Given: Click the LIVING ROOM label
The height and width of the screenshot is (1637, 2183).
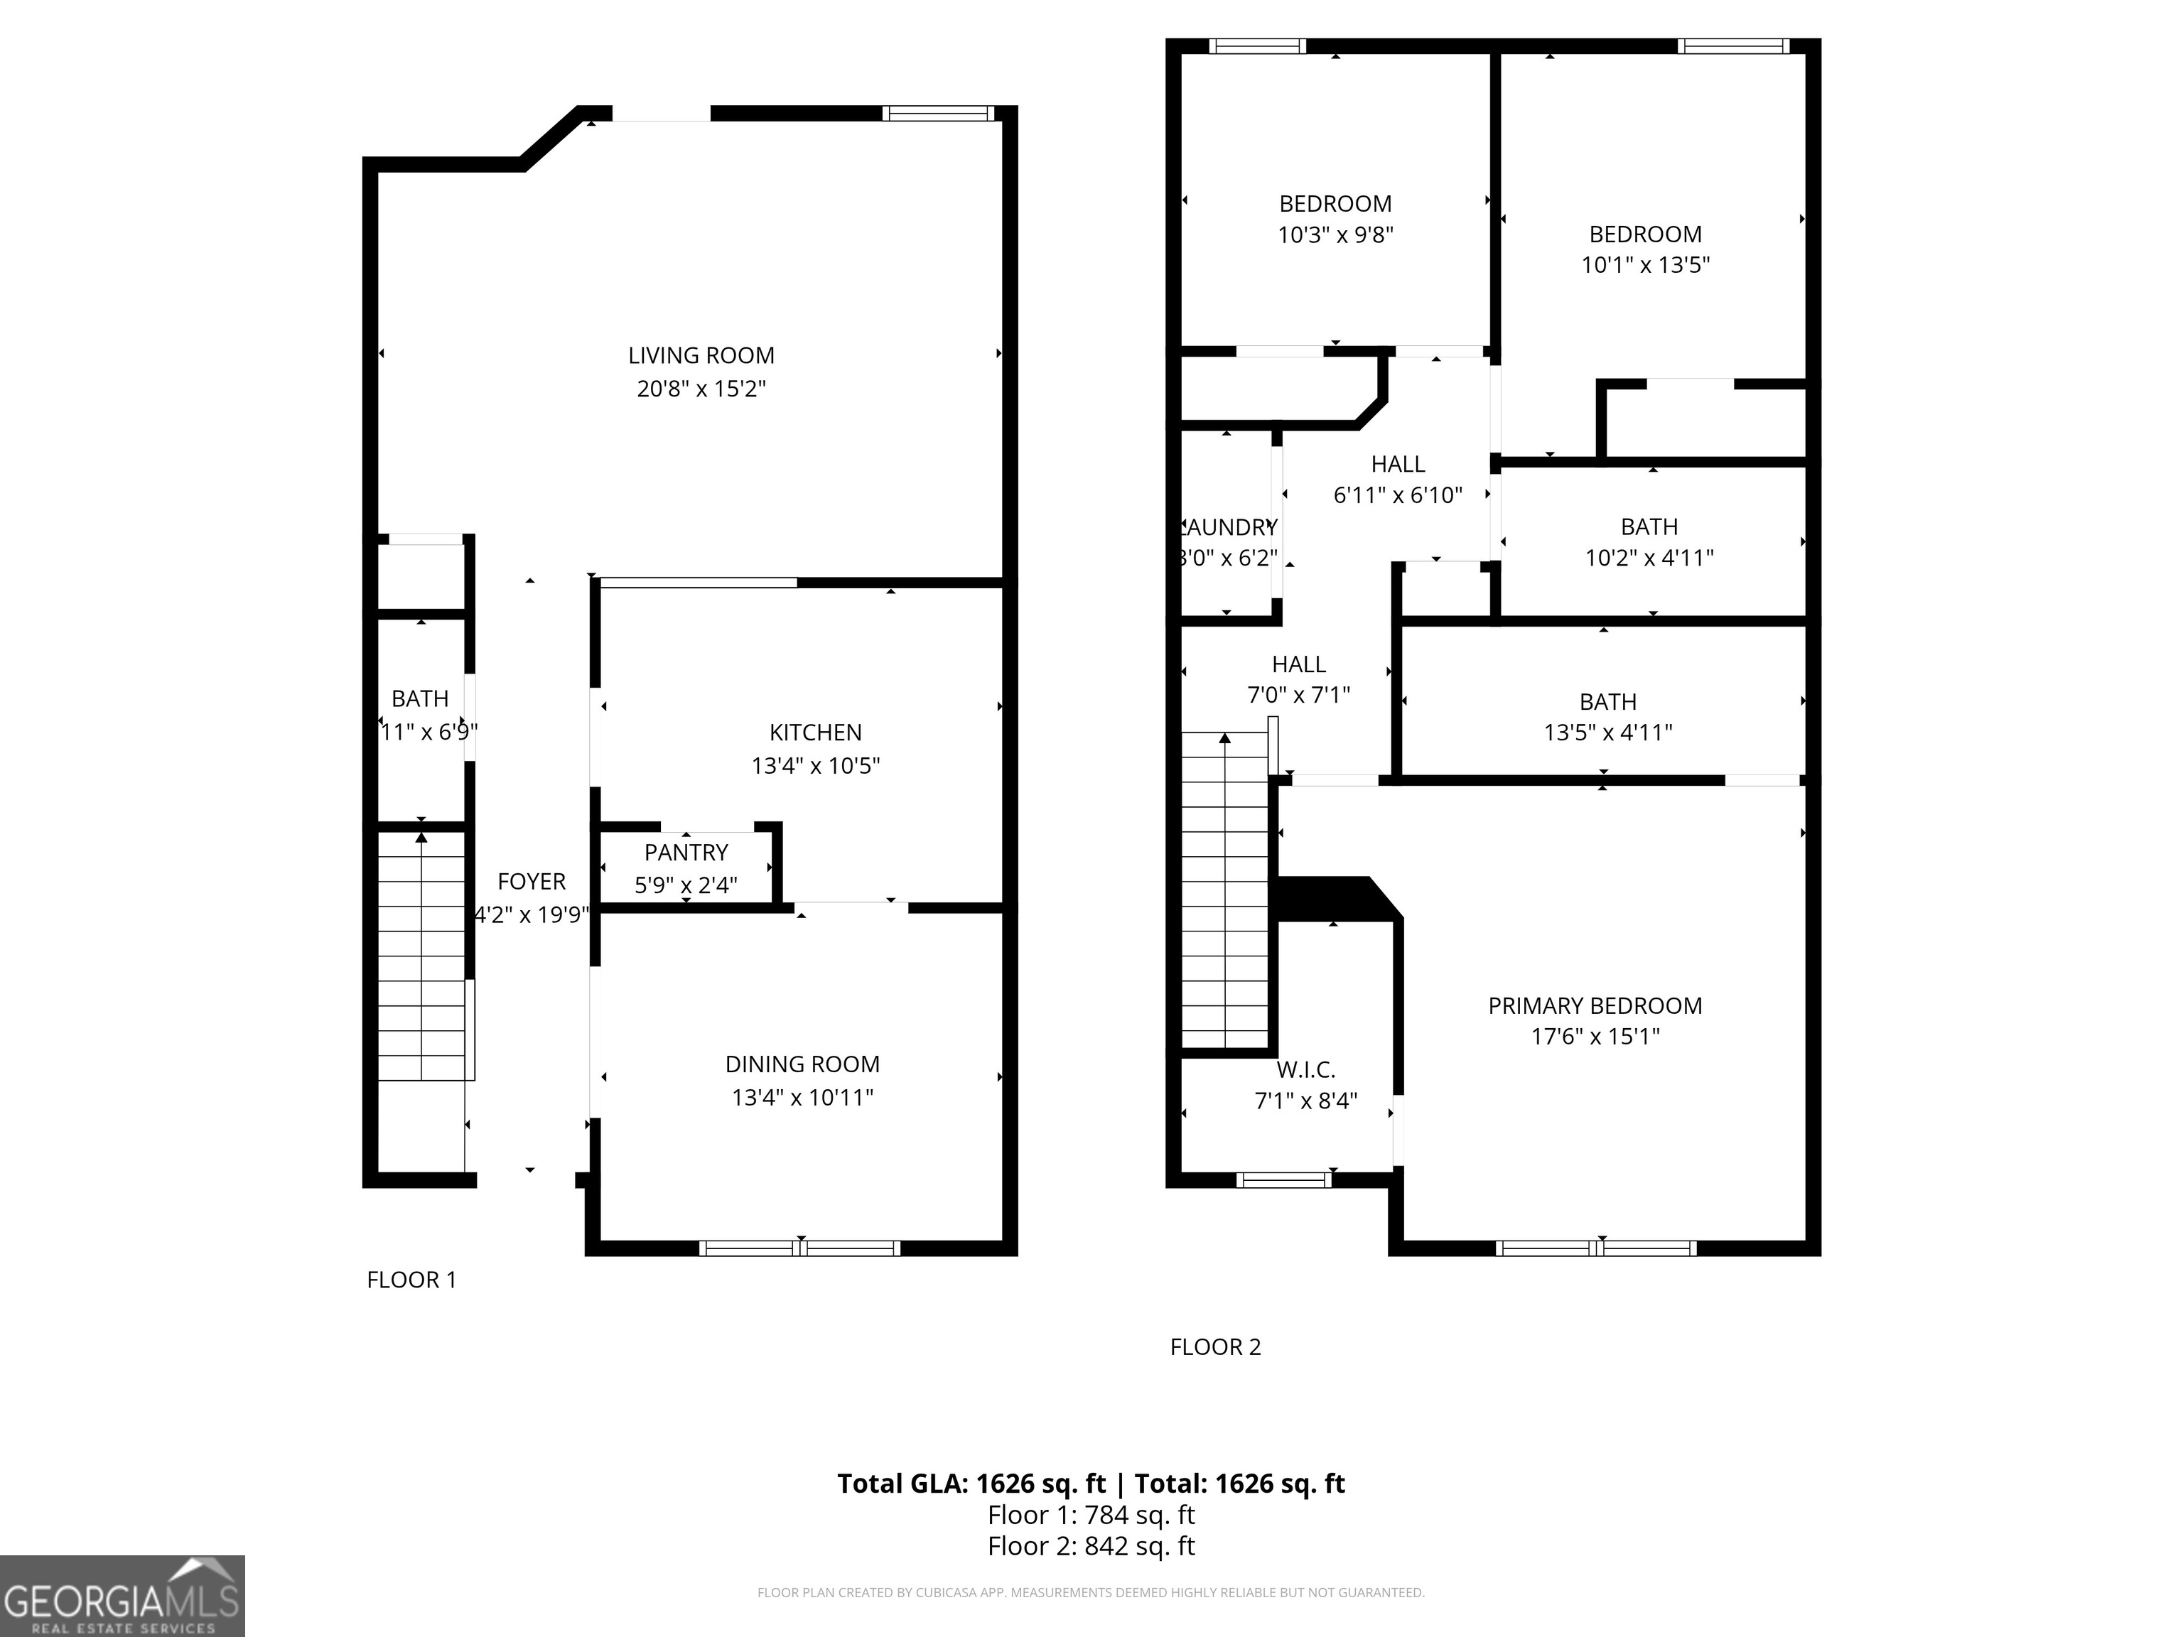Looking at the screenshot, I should point(701,355).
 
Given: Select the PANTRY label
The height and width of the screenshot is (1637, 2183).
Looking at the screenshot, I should point(686,853).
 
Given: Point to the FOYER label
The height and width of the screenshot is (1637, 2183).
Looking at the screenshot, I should point(531,881).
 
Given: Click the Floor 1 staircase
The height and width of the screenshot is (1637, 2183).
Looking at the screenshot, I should point(421,957).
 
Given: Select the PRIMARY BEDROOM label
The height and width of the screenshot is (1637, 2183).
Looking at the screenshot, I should point(1595,1005).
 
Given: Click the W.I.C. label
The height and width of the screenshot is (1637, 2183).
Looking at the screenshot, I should point(1305,1069).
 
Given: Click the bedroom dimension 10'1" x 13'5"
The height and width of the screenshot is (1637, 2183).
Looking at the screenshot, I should point(1645,264).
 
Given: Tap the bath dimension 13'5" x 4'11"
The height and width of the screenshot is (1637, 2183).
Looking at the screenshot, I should point(1607,732).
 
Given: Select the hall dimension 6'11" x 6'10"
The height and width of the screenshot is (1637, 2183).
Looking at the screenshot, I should point(1398,495).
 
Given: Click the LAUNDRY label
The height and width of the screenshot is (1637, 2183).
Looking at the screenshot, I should point(1229,528).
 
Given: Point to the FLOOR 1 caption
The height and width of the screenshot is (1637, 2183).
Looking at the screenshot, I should point(411,1280).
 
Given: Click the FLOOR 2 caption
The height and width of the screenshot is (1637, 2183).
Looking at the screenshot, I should point(1215,1347).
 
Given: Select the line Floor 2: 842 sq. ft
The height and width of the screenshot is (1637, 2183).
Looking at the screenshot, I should point(1091,1546).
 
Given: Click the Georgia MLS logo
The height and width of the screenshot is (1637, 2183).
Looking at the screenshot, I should point(122,1596).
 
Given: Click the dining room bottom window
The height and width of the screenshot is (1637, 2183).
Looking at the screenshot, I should point(799,1248).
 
